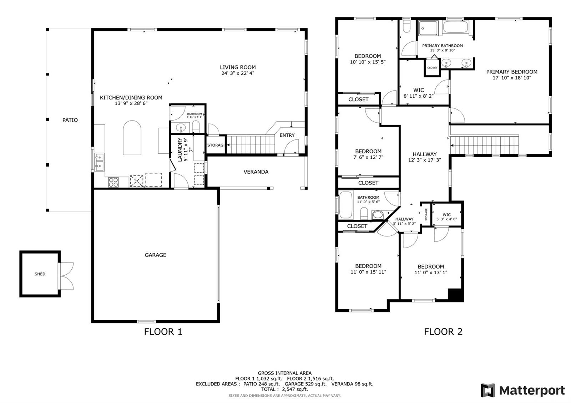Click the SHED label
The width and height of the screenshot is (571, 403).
[40, 274]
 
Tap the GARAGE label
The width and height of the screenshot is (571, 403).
[156, 255]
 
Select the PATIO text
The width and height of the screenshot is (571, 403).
[70, 120]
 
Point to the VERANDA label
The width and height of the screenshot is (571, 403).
[256, 172]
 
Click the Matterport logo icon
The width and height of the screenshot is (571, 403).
[488, 391]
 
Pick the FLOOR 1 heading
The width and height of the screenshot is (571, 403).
[163, 332]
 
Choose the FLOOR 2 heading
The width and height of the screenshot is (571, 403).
[443, 332]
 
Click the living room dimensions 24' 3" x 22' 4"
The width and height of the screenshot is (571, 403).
[238, 73]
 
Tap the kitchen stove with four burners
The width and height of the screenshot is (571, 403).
[113, 182]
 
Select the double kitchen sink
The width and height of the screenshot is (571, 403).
[100, 162]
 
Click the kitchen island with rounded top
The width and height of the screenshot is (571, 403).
[132, 138]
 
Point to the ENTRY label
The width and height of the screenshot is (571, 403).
[287, 135]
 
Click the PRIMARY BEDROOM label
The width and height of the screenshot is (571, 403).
[512, 72]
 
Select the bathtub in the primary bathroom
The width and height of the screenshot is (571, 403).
[455, 27]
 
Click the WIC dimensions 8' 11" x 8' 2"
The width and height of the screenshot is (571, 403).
[419, 96]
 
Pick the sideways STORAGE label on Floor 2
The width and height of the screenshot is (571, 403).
[426, 214]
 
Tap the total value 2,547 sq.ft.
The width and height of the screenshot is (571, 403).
[295, 389]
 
